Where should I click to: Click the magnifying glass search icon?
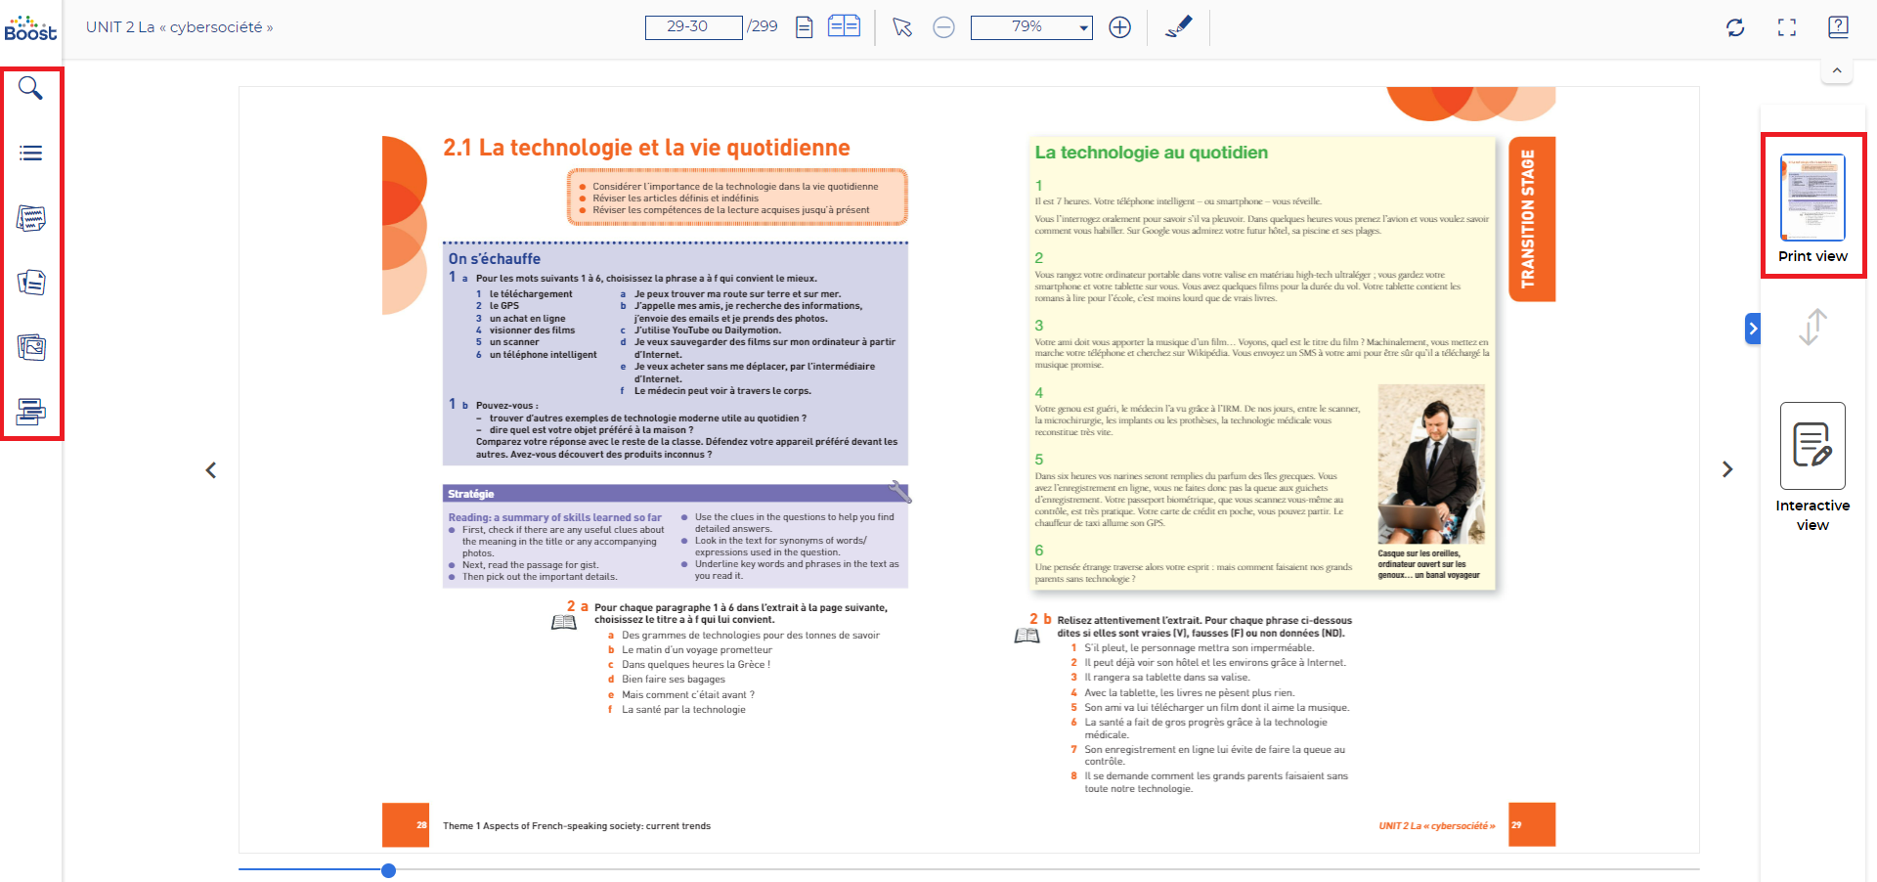30,89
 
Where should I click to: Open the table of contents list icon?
30,154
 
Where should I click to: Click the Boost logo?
30,27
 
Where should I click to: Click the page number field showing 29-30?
693,27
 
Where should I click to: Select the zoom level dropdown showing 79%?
1031,27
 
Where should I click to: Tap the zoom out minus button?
943,27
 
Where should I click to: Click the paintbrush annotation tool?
1179,27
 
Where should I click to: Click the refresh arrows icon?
1735,27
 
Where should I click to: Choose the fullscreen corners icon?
1787,27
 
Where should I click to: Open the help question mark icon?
1838,27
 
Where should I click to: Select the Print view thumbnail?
1812,198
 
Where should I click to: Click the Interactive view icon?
1812,446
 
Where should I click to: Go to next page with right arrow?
1727,469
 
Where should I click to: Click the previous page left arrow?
211,470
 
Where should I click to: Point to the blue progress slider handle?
388,870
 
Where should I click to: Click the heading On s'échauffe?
495,259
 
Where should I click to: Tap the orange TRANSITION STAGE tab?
1531,219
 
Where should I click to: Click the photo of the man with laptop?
1431,463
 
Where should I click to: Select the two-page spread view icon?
844,26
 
